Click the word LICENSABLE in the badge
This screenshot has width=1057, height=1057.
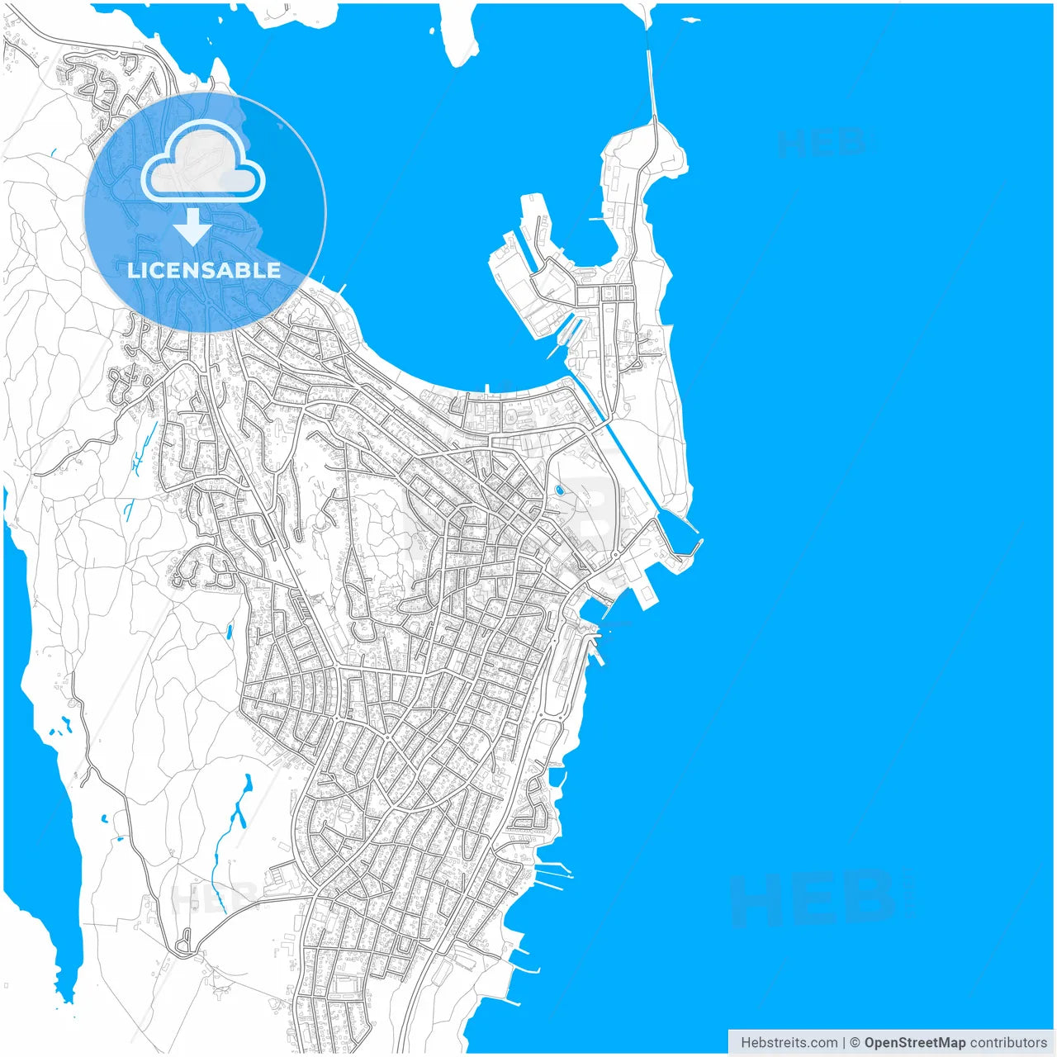204,271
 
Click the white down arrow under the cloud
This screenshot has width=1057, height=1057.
192,228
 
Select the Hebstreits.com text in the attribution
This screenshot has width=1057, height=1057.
789,1043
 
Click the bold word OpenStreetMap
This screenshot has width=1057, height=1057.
914,1043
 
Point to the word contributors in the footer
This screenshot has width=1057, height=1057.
1008,1043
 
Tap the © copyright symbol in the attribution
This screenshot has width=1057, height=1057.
855,1043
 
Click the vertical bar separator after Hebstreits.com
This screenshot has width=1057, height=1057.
843,1043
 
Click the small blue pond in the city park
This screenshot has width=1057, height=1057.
560,490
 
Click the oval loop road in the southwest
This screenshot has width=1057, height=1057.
183,944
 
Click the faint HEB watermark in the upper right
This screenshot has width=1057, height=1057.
822,144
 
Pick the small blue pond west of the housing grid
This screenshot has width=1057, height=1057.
229,633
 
